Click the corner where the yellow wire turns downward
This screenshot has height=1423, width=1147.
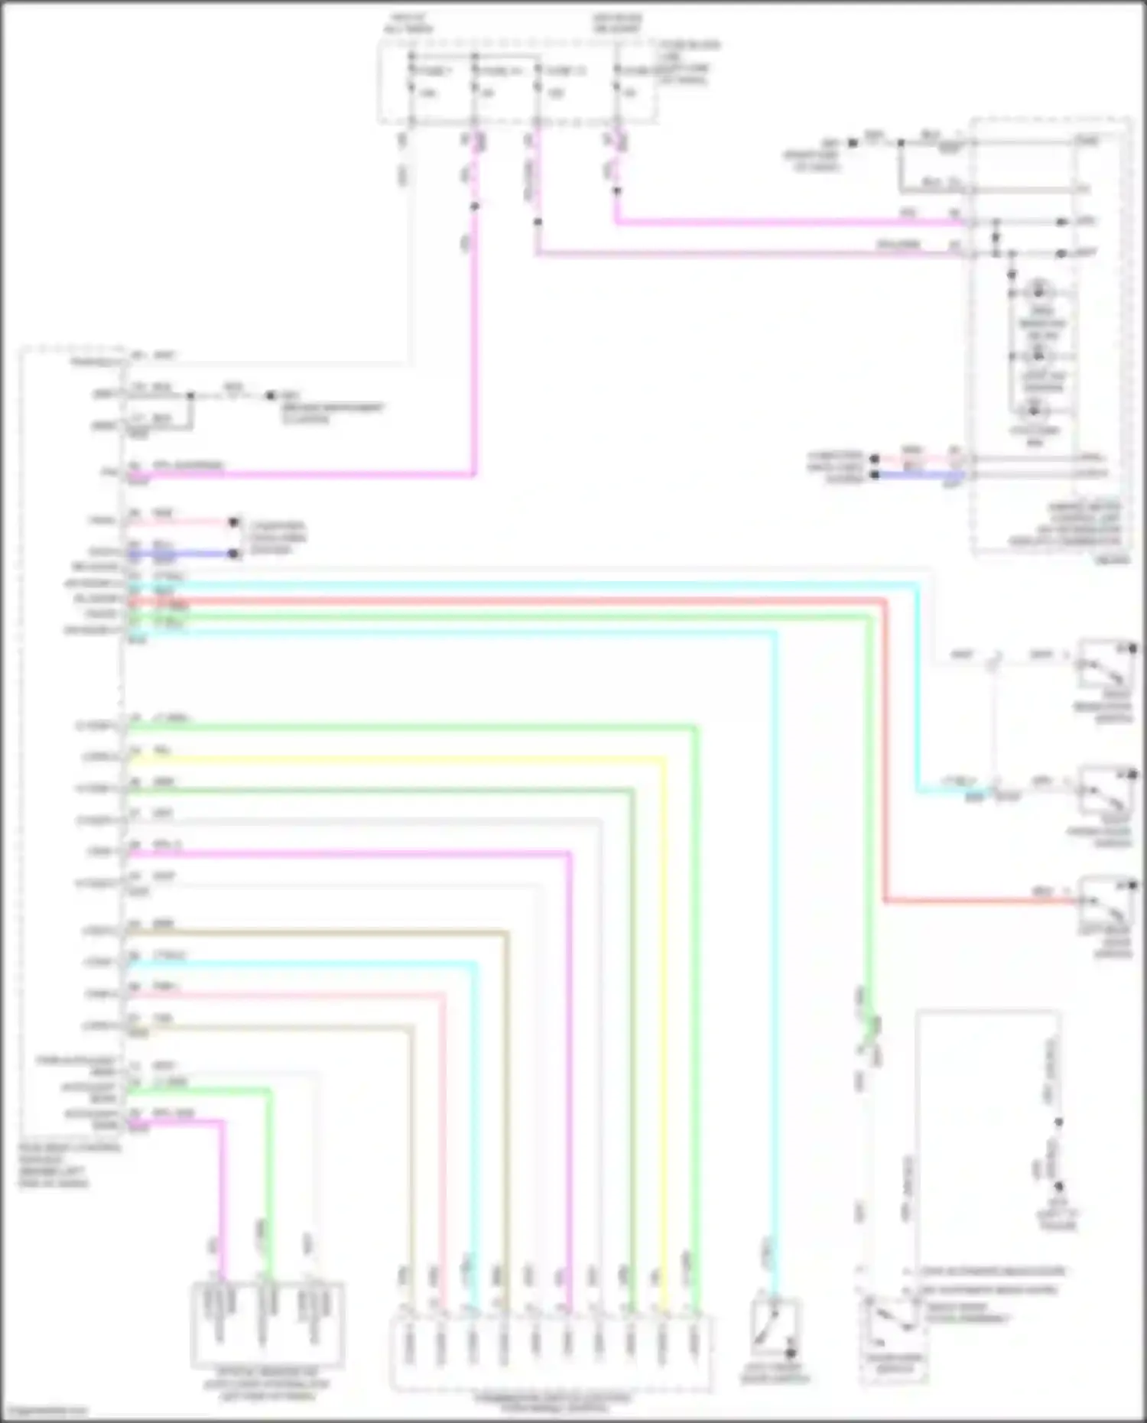(x=662, y=759)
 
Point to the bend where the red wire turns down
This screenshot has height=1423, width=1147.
(x=885, y=603)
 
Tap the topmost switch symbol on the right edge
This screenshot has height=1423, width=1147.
(x=1106, y=664)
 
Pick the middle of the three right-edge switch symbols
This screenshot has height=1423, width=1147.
(x=1106, y=791)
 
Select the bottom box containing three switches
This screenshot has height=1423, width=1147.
(x=267, y=1326)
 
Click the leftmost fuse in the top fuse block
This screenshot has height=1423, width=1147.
(x=413, y=88)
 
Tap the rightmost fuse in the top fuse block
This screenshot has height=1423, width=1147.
(x=617, y=88)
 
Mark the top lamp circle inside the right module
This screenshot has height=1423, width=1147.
(x=1038, y=291)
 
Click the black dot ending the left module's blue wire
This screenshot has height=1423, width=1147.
(x=234, y=554)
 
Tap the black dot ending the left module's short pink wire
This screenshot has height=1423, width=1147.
(x=234, y=523)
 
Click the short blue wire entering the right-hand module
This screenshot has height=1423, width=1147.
(x=918, y=475)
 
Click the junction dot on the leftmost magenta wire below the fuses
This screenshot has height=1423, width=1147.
(x=474, y=206)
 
